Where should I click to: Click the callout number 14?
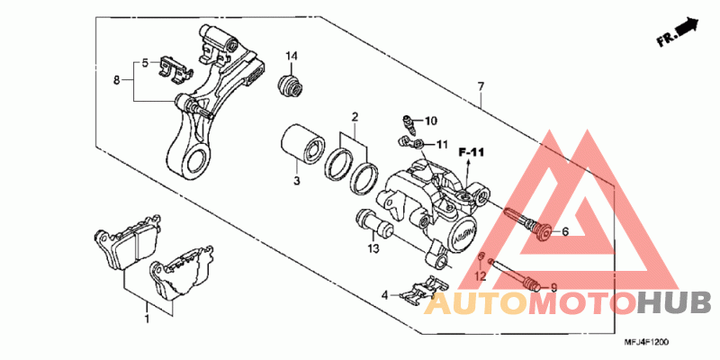(292, 58)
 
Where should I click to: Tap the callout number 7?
(481, 87)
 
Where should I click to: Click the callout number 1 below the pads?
(148, 318)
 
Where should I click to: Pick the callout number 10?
(429, 121)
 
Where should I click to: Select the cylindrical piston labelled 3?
(303, 144)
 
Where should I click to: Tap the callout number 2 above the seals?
(355, 117)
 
